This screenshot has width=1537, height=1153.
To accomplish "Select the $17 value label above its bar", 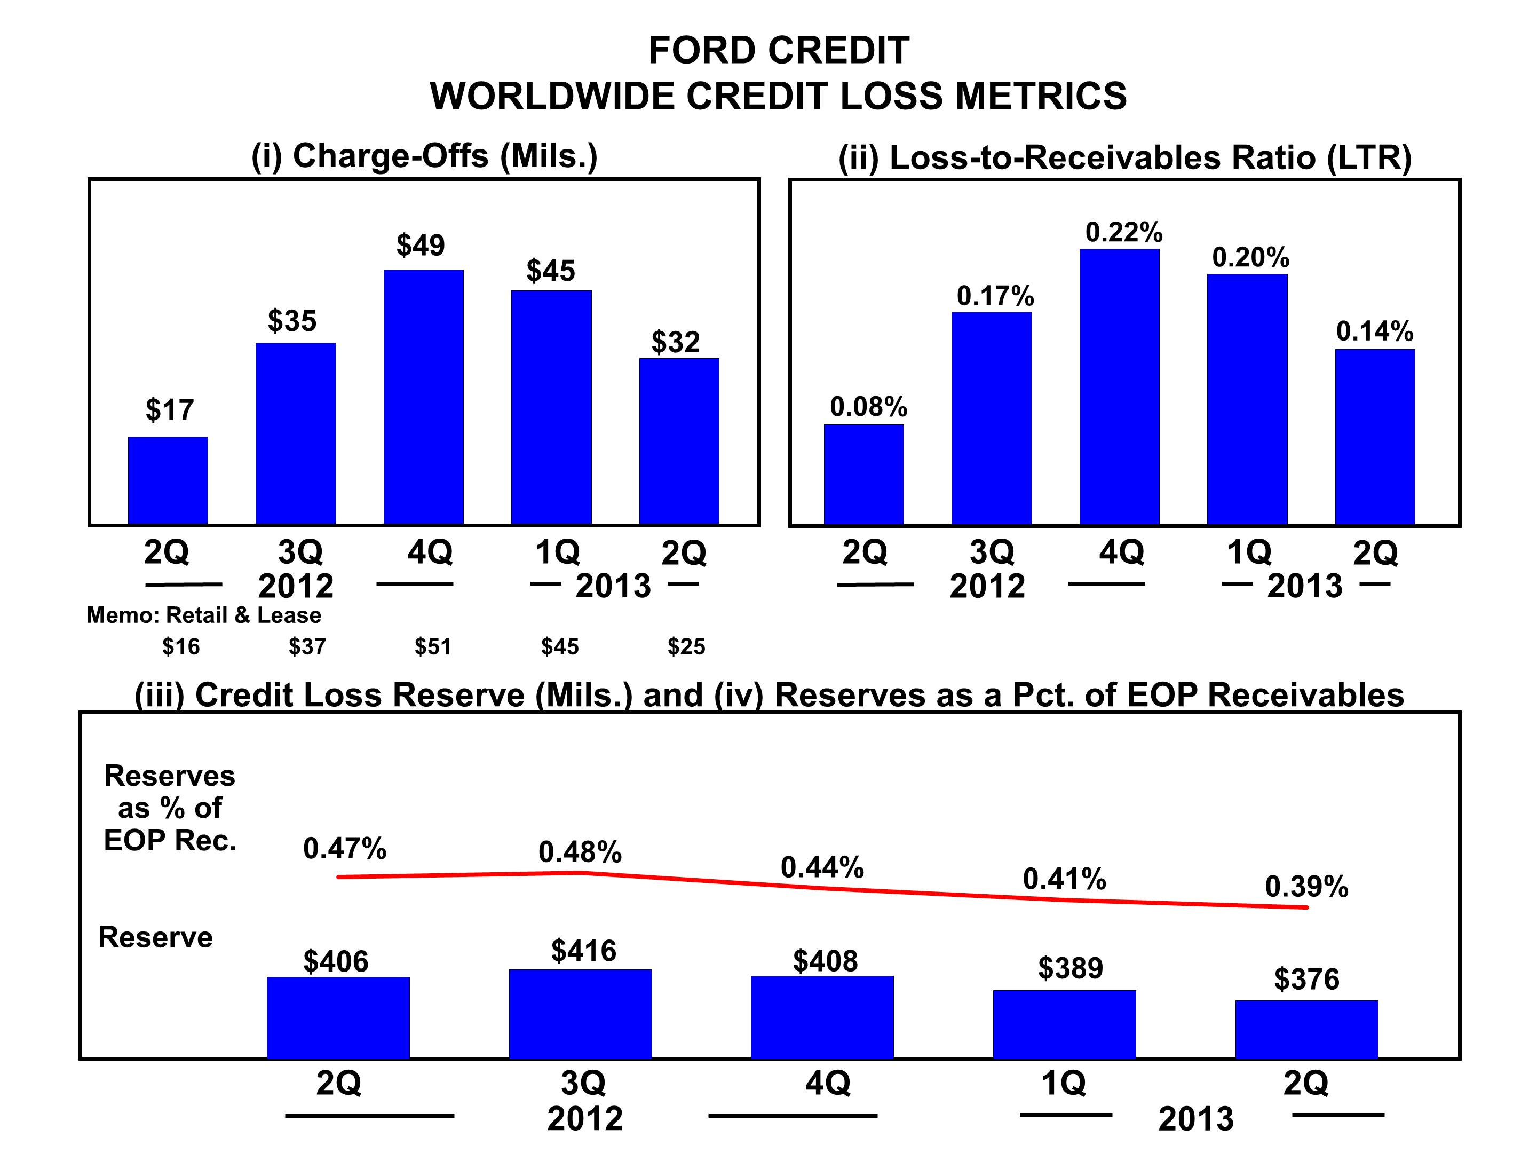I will [x=170, y=410].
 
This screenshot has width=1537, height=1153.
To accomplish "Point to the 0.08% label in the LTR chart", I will [x=868, y=407].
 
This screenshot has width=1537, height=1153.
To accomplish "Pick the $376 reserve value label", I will [x=1306, y=980].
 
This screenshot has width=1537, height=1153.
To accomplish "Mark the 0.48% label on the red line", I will [x=580, y=852].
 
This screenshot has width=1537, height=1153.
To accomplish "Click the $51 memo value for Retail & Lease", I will [x=433, y=647].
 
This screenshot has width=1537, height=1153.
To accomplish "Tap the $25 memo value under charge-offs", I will [x=686, y=647].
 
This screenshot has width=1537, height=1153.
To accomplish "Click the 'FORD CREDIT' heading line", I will [x=778, y=51].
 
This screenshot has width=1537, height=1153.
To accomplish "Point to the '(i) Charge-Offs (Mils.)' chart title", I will [x=424, y=156].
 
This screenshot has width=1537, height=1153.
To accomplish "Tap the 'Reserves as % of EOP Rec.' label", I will [x=170, y=808].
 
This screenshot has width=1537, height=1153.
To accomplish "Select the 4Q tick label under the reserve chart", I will [x=827, y=1083].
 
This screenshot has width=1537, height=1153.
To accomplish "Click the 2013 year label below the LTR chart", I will [x=1304, y=586].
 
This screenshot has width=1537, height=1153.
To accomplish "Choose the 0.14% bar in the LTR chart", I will [x=1374, y=437].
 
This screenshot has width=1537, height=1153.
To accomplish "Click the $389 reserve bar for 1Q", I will [x=1064, y=1024].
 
